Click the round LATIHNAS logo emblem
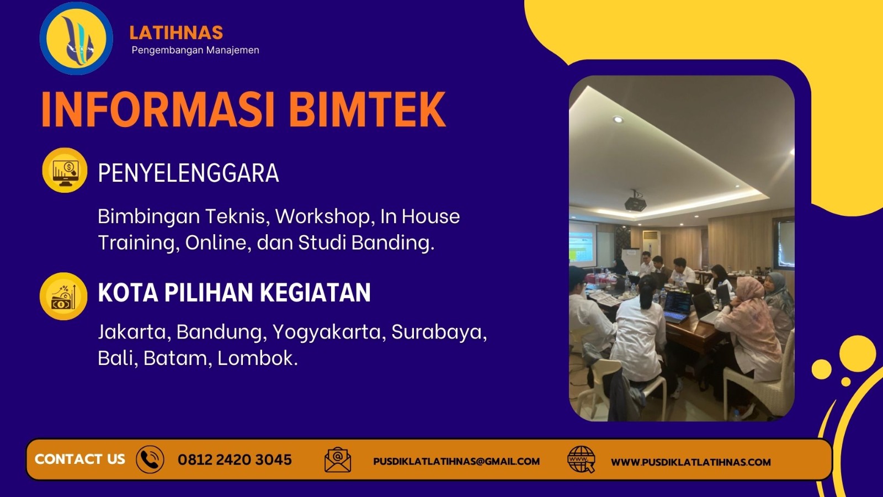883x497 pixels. click(x=76, y=39)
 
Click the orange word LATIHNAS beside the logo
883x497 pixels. click(x=176, y=33)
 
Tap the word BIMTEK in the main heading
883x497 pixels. click(x=367, y=109)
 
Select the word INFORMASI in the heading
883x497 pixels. click(x=158, y=109)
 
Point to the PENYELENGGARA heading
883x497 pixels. click(x=188, y=173)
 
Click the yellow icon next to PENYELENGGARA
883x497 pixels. click(x=65, y=170)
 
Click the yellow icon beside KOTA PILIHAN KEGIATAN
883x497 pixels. click(x=63, y=297)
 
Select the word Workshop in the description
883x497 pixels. click(x=323, y=216)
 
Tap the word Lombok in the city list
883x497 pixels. click(x=257, y=358)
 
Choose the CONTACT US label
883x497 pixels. click(x=80, y=459)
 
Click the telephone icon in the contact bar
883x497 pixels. click(x=150, y=459)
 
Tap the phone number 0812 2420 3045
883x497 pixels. click(x=235, y=459)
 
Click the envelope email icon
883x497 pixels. click(x=338, y=459)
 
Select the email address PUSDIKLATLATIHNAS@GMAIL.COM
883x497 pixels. click(x=456, y=461)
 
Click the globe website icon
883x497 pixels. click(x=581, y=460)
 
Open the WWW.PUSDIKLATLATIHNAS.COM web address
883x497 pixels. click(x=690, y=462)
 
